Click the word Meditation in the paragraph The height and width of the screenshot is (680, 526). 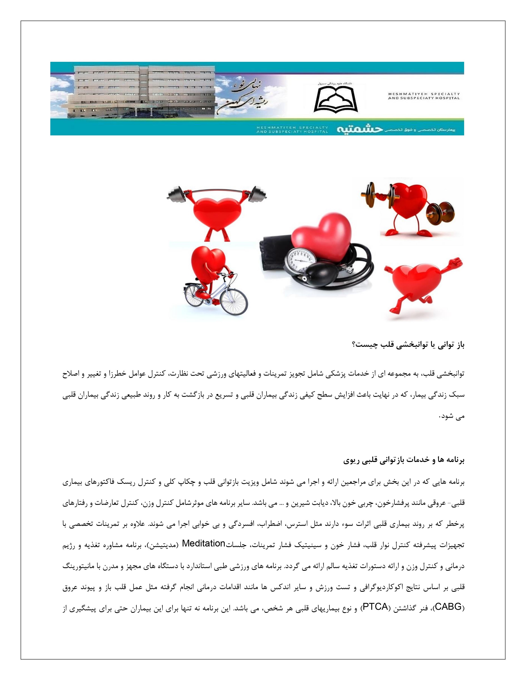[x=203, y=543]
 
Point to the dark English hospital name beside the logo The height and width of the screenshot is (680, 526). [x=424, y=96]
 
